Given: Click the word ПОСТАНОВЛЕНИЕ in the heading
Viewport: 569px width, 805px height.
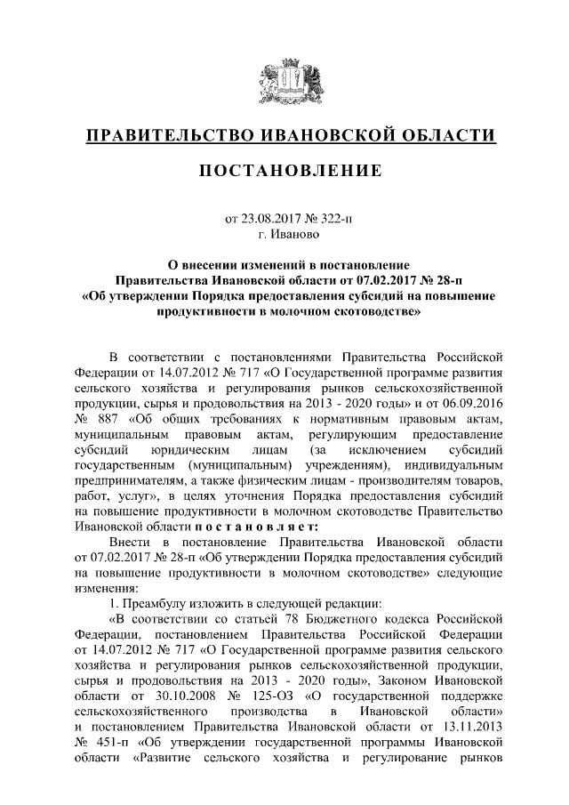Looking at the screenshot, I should point(284,170).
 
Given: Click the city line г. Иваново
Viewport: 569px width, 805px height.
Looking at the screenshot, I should point(284,235).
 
